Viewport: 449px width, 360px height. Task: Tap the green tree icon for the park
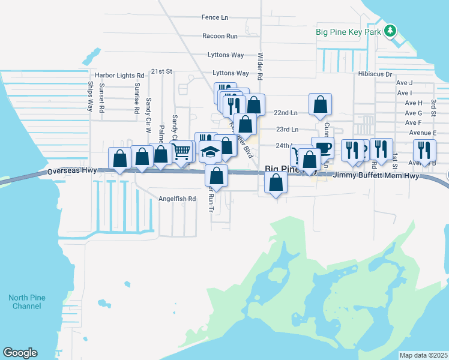tap(390, 29)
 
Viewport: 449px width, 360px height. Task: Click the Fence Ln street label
tap(215, 18)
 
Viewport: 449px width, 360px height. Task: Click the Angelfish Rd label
tap(177, 199)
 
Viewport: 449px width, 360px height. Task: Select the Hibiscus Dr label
tap(375, 75)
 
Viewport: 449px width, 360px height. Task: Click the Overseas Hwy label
tap(72, 172)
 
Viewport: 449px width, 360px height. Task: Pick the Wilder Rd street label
tap(261, 65)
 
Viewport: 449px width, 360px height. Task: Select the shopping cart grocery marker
tap(182, 151)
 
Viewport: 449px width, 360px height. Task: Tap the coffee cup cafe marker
tap(323, 148)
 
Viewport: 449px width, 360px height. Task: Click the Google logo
tap(20, 353)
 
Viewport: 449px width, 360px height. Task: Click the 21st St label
tap(161, 71)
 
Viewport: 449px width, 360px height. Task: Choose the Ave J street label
tap(404, 83)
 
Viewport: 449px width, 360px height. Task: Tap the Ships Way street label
tap(91, 97)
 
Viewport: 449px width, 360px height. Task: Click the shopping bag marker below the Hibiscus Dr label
tap(321, 104)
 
